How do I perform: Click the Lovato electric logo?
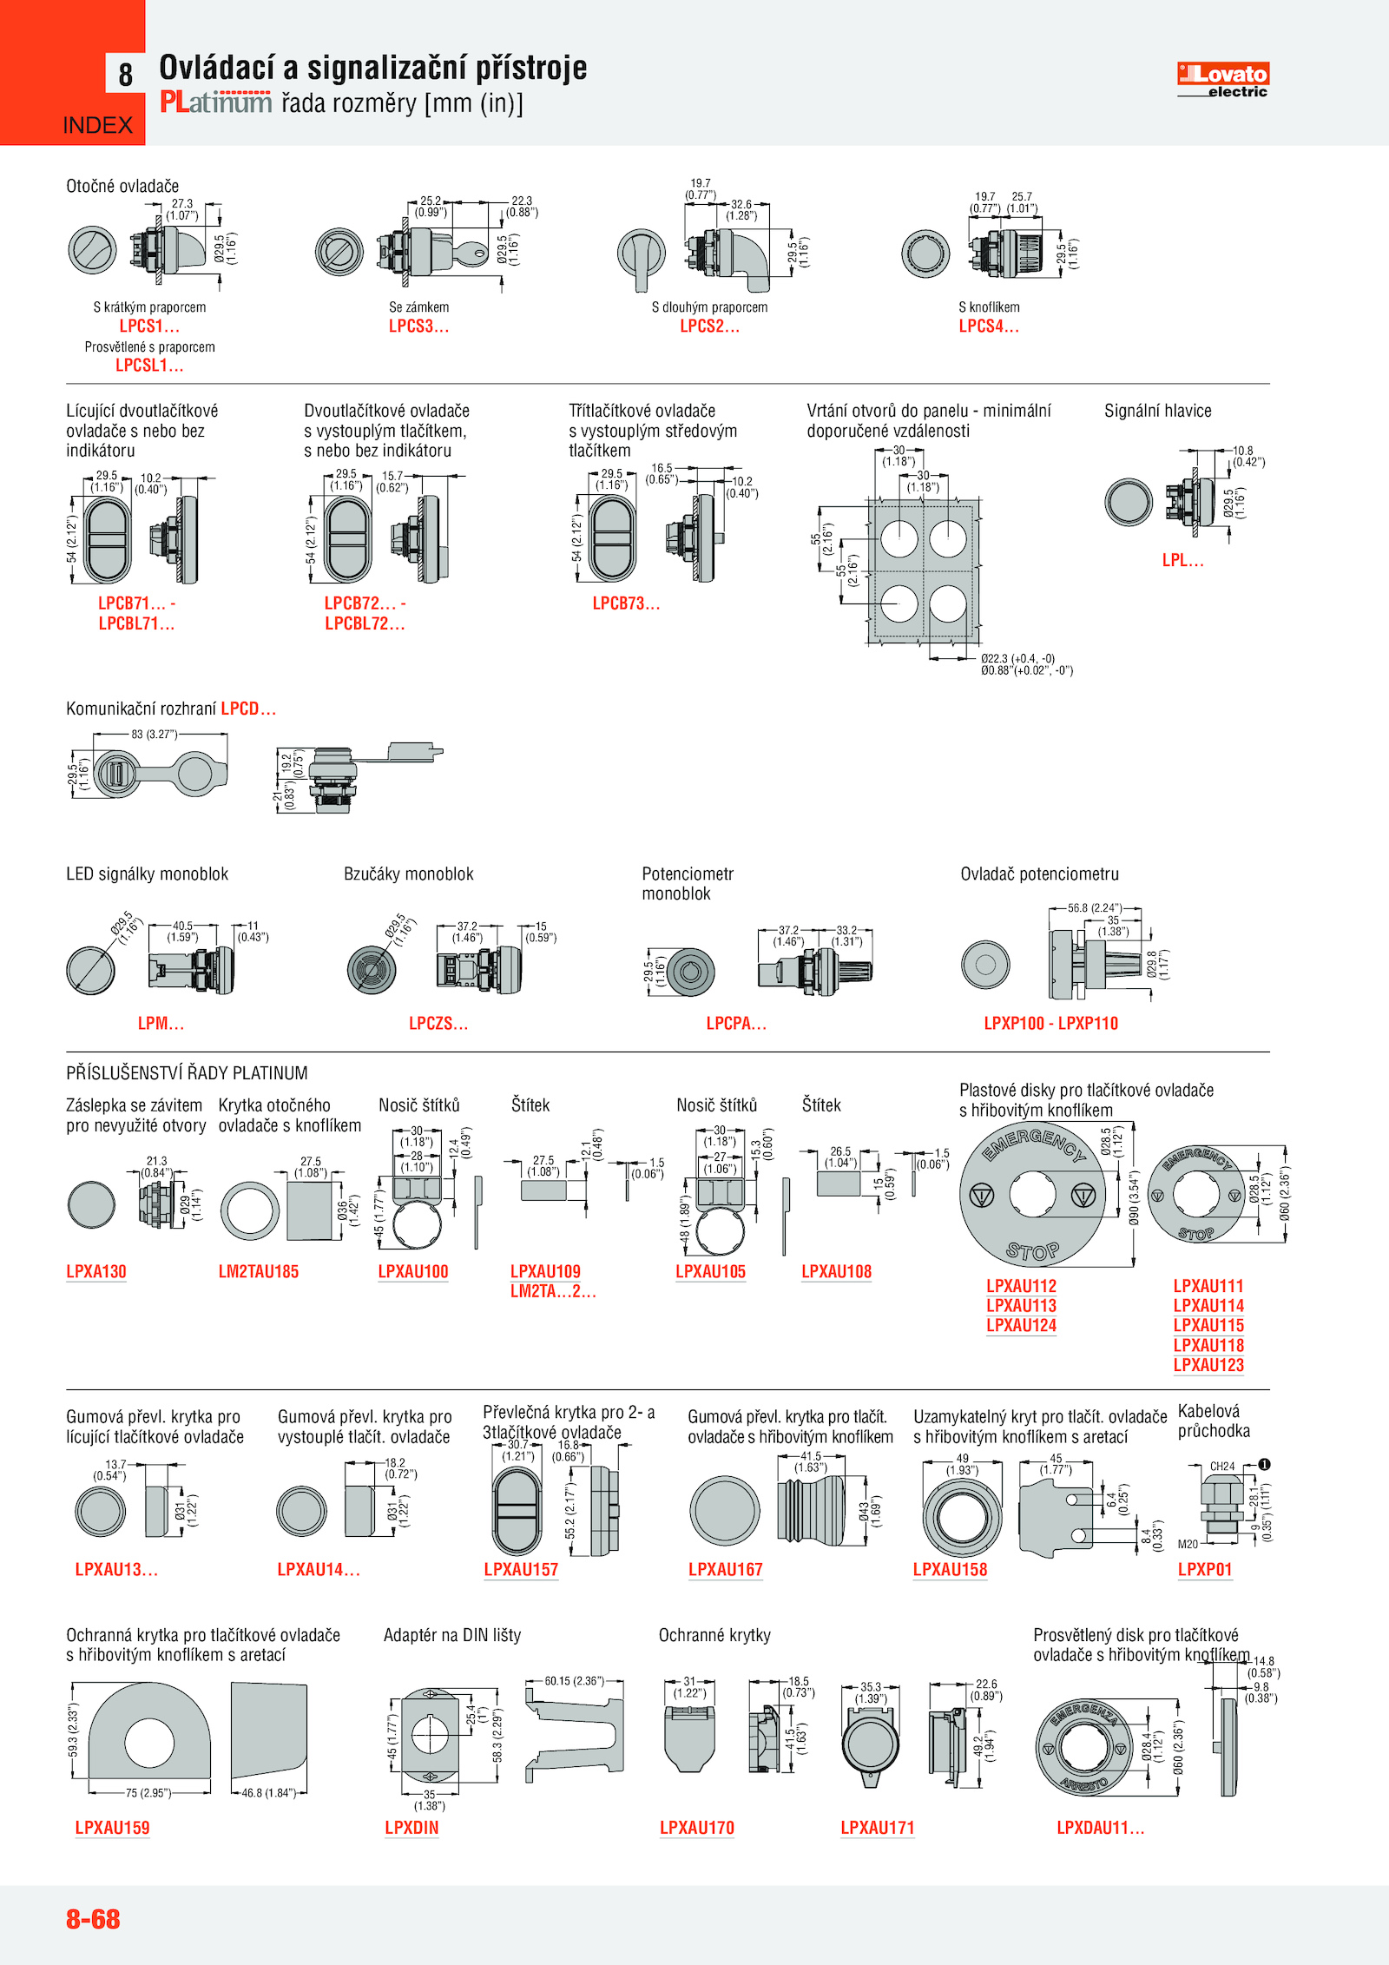1222,79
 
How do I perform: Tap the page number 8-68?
93,1918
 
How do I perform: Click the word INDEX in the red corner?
98,125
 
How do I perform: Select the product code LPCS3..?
418,326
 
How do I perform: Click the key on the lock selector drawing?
473,254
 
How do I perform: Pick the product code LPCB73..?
626,603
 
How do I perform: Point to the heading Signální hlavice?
1157,411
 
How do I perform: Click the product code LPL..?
1182,561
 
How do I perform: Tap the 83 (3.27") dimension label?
154,735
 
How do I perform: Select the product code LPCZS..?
438,1024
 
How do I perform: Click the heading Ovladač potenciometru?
1039,874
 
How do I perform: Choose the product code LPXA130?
96,1272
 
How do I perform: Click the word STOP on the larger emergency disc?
1032,1251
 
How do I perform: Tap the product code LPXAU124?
1021,1326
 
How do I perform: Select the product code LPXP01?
1205,1570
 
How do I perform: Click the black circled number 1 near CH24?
1265,1465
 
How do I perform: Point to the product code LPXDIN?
411,1828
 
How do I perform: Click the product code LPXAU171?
878,1828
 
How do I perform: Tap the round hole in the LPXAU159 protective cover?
149,1742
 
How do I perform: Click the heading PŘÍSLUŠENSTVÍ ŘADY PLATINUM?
187,1073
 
